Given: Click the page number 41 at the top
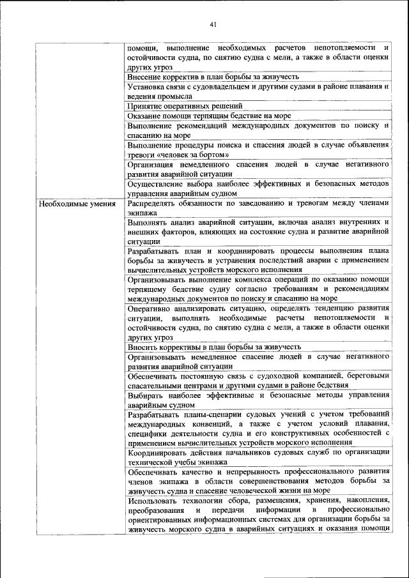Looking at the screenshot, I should [213, 24].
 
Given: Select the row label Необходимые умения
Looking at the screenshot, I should [77, 204].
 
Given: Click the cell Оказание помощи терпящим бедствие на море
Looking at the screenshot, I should [209, 116].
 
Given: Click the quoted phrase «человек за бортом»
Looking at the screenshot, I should [193, 155].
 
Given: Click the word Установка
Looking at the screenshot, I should [147, 86].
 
